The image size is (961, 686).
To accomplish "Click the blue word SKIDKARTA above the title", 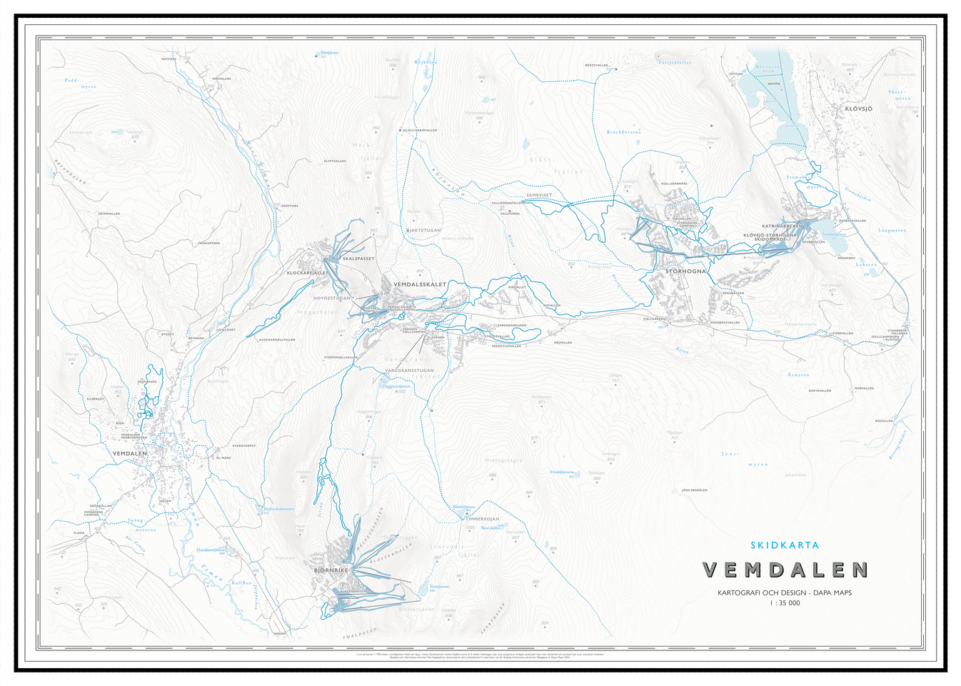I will click(x=785, y=545).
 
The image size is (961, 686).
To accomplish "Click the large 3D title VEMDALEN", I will click(x=785, y=570).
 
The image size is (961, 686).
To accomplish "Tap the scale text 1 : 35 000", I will click(x=785, y=603).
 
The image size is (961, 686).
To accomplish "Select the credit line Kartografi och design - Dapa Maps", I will click(x=785, y=592).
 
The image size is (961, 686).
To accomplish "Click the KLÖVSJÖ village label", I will click(x=858, y=109).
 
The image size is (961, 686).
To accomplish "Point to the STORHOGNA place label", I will click(x=685, y=271).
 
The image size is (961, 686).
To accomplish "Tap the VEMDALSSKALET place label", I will click(x=420, y=284).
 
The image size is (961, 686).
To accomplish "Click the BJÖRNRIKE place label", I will click(x=331, y=570).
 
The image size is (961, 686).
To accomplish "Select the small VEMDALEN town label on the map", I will click(x=129, y=453).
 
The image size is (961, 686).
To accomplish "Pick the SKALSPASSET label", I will click(x=358, y=258).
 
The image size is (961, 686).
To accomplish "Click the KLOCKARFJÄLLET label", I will click(x=307, y=273).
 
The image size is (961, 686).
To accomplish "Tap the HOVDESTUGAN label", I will click(x=332, y=298).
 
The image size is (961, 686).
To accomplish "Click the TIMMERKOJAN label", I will click(x=483, y=519).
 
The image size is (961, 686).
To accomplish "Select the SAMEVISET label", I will click(x=539, y=195).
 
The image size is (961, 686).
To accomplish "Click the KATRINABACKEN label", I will click(x=783, y=226).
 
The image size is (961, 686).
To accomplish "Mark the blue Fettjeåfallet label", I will click(x=675, y=63).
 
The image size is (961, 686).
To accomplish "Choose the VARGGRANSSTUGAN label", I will click(x=409, y=370).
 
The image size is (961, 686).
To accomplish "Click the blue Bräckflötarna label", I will click(x=623, y=132).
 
